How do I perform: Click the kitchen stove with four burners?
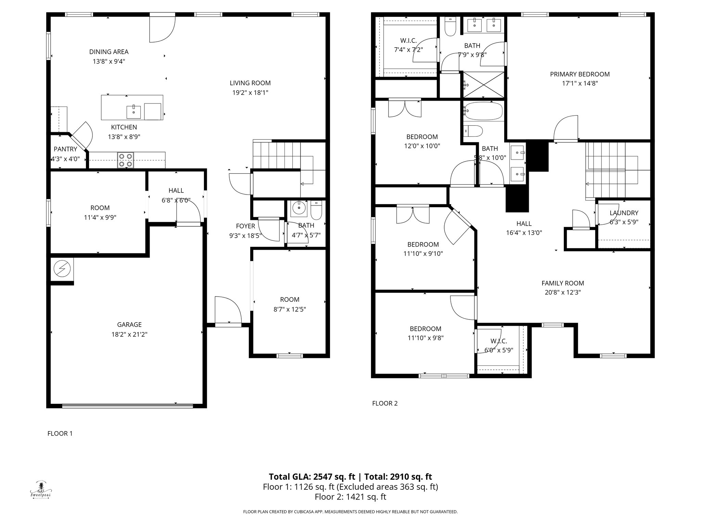tap(125, 160)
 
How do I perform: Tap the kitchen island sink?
tap(133, 111)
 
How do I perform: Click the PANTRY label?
tap(65, 149)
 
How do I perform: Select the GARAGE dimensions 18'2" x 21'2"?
tap(129, 334)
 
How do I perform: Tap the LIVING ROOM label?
tap(250, 83)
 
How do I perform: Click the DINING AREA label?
tap(109, 52)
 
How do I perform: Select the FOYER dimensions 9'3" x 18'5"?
tap(245, 236)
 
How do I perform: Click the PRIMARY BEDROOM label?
tap(580, 74)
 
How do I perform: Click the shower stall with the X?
tap(484, 84)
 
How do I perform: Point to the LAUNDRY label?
tap(624, 213)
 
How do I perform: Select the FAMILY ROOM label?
tap(563, 283)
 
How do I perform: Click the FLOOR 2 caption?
tap(385, 403)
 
